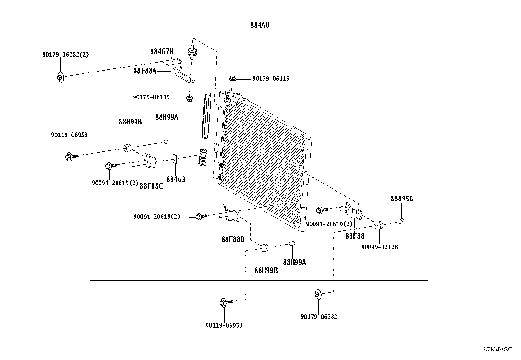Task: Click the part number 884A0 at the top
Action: (x=260, y=25)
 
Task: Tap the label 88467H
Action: (x=162, y=51)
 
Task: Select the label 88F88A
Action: (x=145, y=70)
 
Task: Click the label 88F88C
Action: (x=151, y=186)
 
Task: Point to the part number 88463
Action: (x=176, y=179)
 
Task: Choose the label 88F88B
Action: (x=233, y=239)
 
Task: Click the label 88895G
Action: (x=402, y=199)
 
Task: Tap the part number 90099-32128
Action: (x=379, y=247)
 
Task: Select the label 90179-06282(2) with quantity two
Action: (x=65, y=55)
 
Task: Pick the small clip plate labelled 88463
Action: (x=175, y=159)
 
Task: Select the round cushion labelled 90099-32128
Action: (x=379, y=225)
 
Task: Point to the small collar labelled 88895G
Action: (x=401, y=222)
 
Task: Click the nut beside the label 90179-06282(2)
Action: (x=60, y=78)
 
